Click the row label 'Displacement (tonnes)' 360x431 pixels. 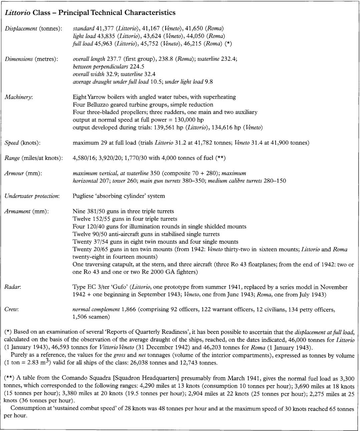coord(33,28)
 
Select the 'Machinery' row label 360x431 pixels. coord(19,97)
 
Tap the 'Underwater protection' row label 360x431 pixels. coord(32,196)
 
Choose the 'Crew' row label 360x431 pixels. coord(12,309)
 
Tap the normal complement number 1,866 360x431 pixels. coord(128,309)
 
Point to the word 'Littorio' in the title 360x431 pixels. coord(17,13)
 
